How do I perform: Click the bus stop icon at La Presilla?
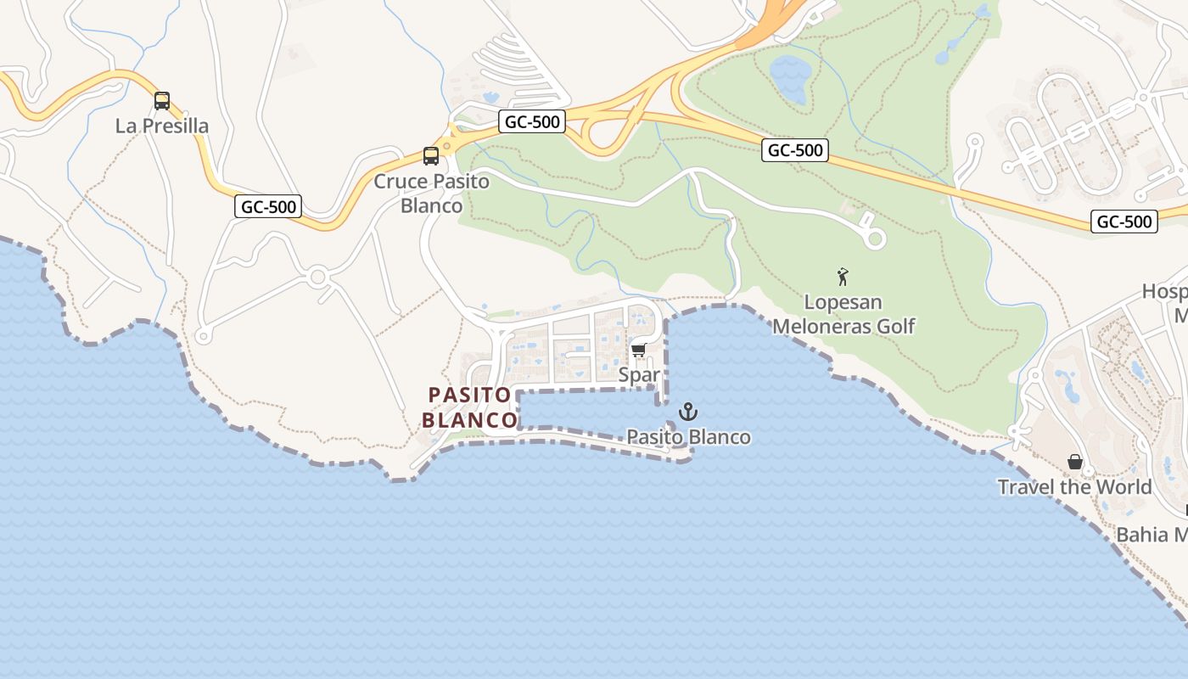(162, 101)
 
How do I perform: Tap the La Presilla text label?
(162, 126)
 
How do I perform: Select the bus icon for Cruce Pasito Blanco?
(431, 156)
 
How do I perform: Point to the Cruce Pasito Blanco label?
(432, 194)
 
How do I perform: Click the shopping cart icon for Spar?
(639, 350)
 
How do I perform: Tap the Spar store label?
(639, 374)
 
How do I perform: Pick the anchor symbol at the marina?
(688, 412)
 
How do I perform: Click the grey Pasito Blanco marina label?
(688, 437)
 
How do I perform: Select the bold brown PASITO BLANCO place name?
(469, 407)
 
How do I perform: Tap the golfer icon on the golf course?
(843, 277)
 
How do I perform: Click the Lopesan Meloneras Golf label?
(843, 314)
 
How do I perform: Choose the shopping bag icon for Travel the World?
(1075, 462)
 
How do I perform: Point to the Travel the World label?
(1074, 487)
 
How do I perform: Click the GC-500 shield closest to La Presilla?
(268, 206)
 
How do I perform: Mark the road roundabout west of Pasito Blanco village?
(319, 276)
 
